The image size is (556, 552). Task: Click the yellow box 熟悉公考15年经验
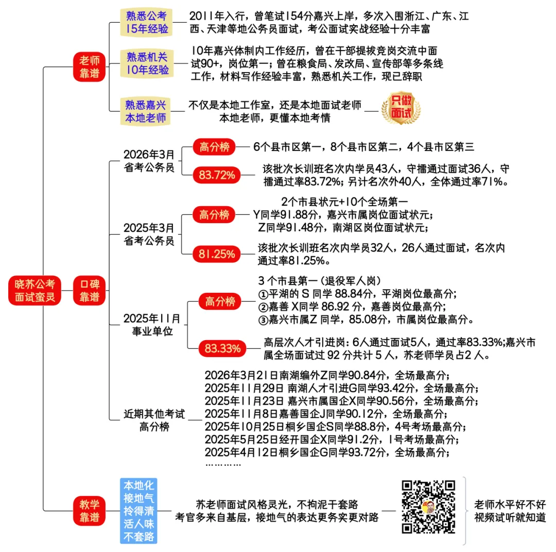click(147, 22)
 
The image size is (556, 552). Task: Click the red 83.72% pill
click(216, 175)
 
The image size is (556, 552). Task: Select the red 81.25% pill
click(216, 254)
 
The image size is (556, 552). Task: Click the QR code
click(429, 507)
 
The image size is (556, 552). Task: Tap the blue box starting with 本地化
click(138, 511)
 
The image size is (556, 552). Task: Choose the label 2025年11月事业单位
click(152, 325)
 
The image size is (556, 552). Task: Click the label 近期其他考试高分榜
click(154, 421)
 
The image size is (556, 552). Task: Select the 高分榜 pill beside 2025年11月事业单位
click(220, 301)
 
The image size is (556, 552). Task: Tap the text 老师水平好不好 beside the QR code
click(510, 505)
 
